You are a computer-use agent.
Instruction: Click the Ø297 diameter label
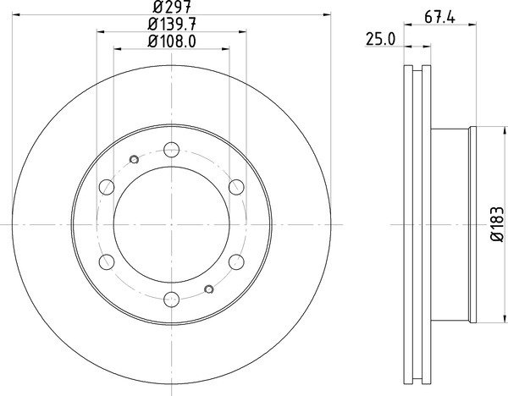172,6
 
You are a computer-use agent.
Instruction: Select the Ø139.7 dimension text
172,24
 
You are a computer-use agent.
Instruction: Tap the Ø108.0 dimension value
172,41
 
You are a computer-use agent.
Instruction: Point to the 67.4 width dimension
439,17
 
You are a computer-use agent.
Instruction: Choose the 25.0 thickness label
381,40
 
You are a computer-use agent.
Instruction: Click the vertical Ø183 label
498,223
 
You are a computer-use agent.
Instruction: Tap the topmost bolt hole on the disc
171,149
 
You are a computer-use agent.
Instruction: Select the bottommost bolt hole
171,300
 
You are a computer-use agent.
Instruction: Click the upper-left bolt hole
107,187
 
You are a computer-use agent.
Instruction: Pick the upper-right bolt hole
236,187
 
